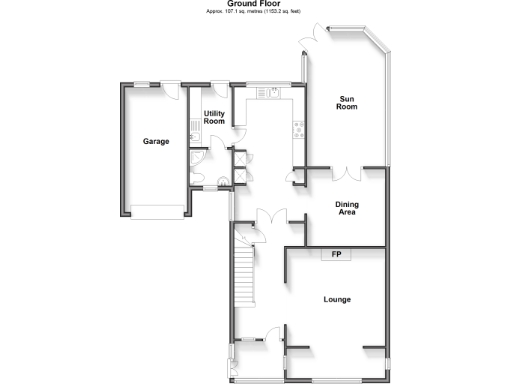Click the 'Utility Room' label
click(x=214, y=118)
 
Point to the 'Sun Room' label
click(x=346, y=102)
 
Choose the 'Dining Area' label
click(x=346, y=208)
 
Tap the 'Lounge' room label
click(x=336, y=299)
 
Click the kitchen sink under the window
click(x=269, y=93)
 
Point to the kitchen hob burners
click(x=297, y=127)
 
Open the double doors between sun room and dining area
click(x=347, y=173)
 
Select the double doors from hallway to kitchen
click(x=270, y=215)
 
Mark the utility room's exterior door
click(x=218, y=87)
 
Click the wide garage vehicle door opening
click(x=155, y=210)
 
